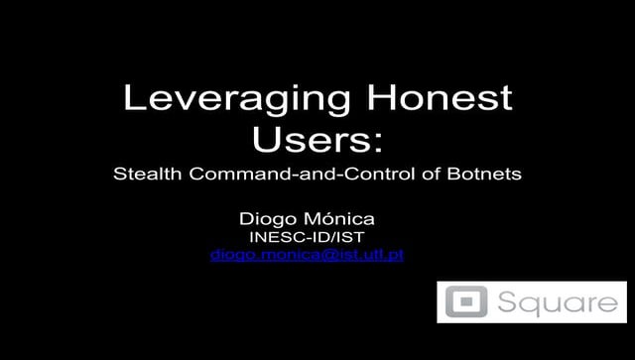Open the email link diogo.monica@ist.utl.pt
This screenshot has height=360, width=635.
click(309, 255)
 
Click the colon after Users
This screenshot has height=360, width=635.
click(377, 142)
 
